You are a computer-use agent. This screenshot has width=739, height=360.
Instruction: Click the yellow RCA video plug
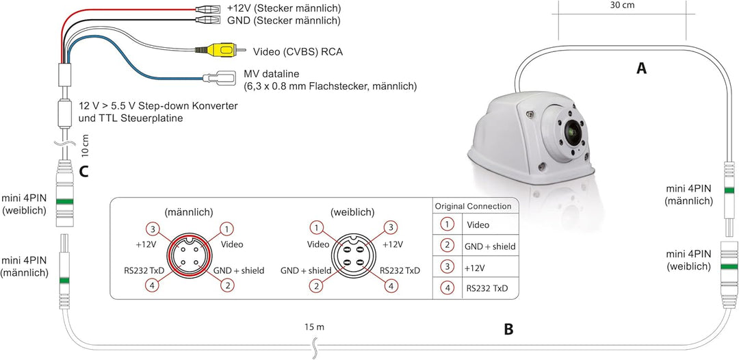pyautogui.click(x=220, y=49)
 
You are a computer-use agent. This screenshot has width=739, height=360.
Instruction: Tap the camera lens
pyautogui.click(x=573, y=131)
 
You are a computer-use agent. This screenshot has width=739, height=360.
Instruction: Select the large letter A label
pyautogui.click(x=641, y=69)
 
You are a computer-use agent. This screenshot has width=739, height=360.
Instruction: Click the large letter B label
pyautogui.click(x=508, y=329)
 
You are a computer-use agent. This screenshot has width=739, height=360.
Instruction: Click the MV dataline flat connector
pyautogui.click(x=220, y=78)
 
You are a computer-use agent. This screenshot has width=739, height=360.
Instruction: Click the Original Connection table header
pyautogui.click(x=473, y=207)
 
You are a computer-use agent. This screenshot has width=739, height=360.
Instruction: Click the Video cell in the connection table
pyautogui.click(x=478, y=224)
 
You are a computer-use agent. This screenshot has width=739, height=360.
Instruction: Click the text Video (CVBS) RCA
pyautogui.click(x=298, y=51)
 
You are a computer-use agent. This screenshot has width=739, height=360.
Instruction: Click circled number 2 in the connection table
pyautogui.click(x=446, y=246)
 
